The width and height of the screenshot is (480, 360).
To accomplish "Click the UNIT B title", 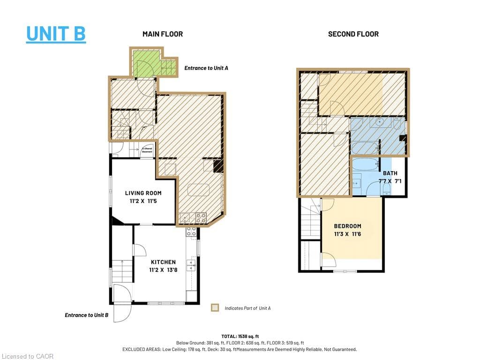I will (x=56, y=34).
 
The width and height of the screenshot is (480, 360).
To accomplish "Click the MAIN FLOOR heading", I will (x=163, y=34).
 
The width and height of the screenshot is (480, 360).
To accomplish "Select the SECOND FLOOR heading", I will (x=353, y=34).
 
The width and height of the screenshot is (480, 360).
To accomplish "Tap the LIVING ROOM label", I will (x=143, y=193).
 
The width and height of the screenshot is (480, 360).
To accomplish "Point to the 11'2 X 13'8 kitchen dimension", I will (x=163, y=270).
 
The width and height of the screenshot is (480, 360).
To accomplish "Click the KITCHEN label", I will (x=163, y=262).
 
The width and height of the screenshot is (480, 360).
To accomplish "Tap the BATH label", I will (x=390, y=173).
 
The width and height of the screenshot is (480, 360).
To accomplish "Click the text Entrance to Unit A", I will (x=206, y=68).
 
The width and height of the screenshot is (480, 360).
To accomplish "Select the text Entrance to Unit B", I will (x=87, y=315).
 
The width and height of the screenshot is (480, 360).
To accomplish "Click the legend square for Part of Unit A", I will (x=215, y=308).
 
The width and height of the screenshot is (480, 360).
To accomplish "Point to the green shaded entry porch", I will (x=145, y=63).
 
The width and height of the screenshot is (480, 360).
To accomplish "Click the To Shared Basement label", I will (x=148, y=151).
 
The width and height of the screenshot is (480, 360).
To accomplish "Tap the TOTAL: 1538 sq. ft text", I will (x=240, y=336).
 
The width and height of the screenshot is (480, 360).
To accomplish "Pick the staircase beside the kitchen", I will (x=121, y=272).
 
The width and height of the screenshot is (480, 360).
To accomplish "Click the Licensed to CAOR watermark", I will (x=27, y=356).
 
